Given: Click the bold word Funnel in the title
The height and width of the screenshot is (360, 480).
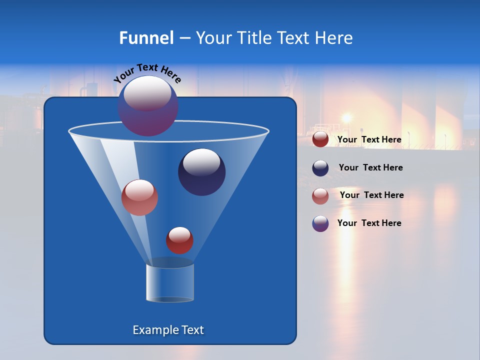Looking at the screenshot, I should point(146,38).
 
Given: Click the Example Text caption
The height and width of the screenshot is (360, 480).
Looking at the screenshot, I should point(168,330).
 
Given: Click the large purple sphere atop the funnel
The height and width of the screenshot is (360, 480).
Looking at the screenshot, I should point(148,105).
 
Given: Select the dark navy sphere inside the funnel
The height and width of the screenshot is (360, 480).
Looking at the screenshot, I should point(201,172).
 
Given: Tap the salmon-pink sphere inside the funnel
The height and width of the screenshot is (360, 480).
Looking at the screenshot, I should point(139,197).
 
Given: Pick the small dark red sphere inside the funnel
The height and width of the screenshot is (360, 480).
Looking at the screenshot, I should point(179,240).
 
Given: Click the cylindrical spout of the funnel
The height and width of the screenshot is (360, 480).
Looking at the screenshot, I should point(170,282).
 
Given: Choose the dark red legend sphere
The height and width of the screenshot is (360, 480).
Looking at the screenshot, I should point(320,139).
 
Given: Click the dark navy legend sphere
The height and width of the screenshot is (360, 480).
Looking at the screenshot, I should point(320,168).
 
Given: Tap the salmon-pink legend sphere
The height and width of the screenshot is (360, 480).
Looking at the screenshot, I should point(320,196).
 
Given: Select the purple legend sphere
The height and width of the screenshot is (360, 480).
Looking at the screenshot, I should point(320,223).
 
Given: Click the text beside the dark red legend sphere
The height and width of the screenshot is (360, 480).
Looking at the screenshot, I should point(369,139).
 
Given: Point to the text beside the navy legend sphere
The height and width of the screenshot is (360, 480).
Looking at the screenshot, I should point(370,167).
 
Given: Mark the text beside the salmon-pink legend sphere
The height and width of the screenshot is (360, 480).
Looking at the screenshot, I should point(371,195).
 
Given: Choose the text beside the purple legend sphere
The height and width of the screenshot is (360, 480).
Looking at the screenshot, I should point(369,223).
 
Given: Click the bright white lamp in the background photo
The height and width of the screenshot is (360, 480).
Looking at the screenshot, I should point(346,118).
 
